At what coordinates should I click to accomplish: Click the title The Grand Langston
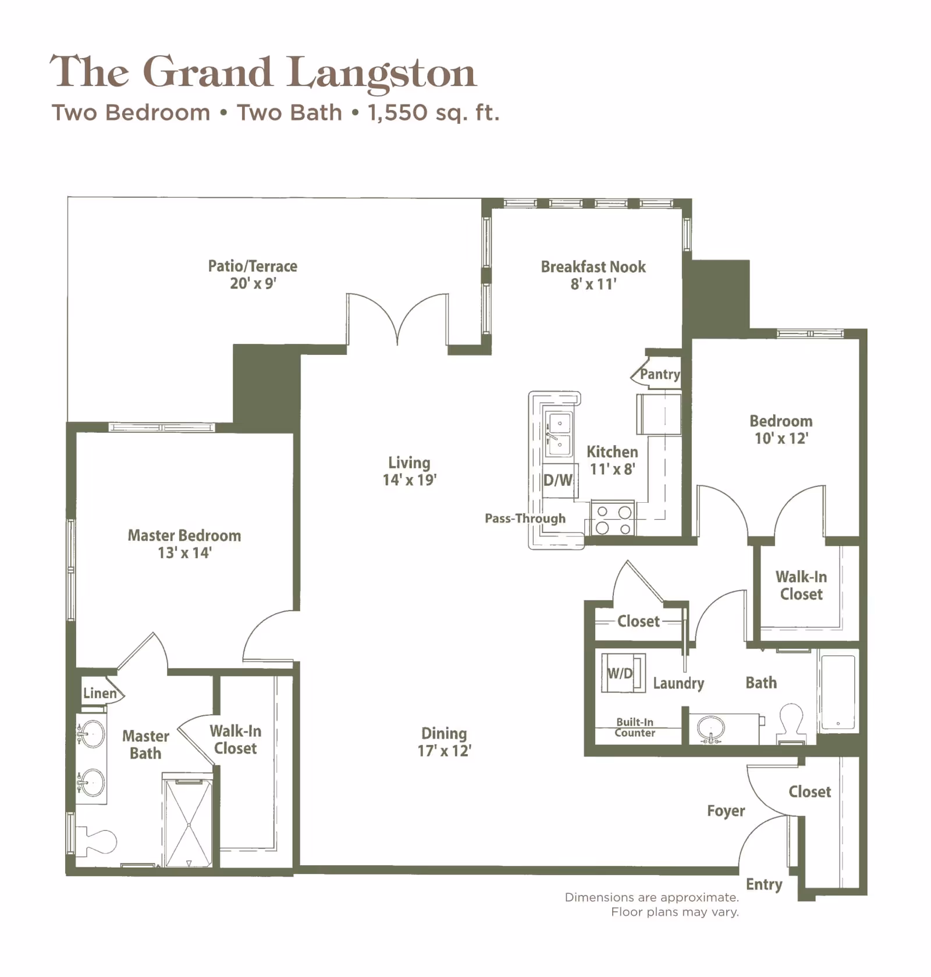263,72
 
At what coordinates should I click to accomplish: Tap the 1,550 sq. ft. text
433,112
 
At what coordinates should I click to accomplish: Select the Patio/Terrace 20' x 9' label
253,275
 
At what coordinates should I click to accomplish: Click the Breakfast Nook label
593,267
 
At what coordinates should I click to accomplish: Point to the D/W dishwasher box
558,480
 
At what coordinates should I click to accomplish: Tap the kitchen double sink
559,434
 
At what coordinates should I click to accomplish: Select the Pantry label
659,374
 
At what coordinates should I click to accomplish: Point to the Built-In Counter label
635,727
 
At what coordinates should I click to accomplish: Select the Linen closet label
100,693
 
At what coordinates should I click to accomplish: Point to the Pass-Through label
525,518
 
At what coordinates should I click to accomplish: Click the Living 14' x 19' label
409,471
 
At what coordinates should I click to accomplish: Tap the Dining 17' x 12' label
444,742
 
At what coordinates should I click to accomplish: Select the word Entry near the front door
763,884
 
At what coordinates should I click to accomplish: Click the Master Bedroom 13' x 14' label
184,543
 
